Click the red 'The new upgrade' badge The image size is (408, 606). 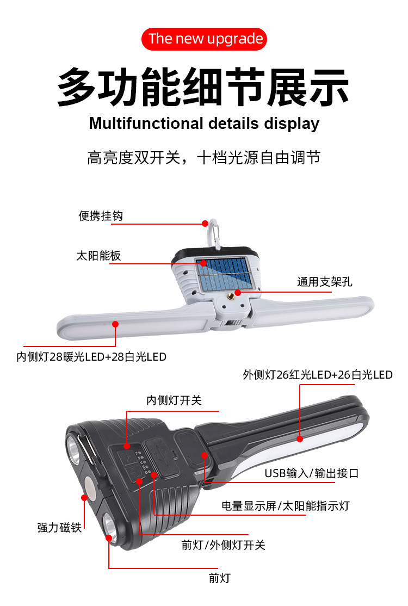click(205, 39)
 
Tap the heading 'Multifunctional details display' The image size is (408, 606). click(204, 123)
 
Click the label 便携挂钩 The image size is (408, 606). click(101, 216)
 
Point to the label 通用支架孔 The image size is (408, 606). click(325, 282)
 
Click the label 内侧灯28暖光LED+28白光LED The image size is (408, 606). click(91, 357)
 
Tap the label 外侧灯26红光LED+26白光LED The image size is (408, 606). click(318, 374)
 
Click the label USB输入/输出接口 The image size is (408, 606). click(312, 473)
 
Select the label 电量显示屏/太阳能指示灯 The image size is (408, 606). click(285, 505)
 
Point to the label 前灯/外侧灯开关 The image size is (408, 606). click(224, 545)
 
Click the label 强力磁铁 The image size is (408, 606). click(59, 527)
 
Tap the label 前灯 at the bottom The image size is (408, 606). click(219, 578)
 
